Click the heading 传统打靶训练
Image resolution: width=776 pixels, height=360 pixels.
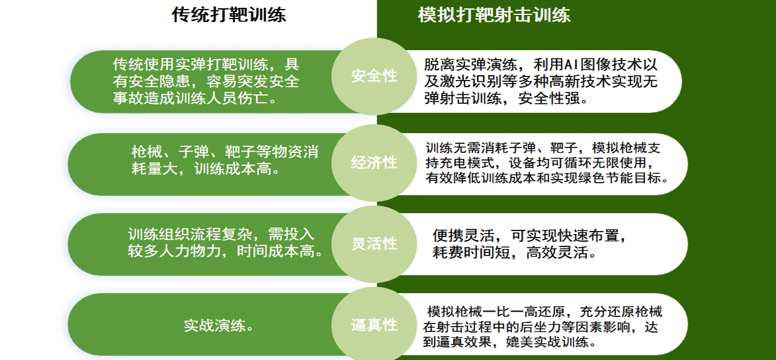(229, 15)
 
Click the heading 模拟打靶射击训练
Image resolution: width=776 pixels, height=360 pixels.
(494, 15)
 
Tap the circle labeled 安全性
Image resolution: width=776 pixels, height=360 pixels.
(374, 76)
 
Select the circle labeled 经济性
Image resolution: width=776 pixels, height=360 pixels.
(374, 163)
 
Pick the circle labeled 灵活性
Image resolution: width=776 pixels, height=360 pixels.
(374, 244)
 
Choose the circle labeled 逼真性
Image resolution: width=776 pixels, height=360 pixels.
(374, 325)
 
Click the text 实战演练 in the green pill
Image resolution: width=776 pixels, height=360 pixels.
(215, 325)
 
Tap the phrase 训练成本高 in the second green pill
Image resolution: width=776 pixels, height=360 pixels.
(232, 169)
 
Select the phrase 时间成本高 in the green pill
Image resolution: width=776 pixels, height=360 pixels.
(275, 251)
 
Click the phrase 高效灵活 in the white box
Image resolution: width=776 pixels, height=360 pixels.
(557, 253)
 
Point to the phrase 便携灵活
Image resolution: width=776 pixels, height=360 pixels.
(464, 236)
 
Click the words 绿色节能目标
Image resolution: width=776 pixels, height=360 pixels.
(620, 178)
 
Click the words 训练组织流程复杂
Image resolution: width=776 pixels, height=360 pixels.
(190, 234)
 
